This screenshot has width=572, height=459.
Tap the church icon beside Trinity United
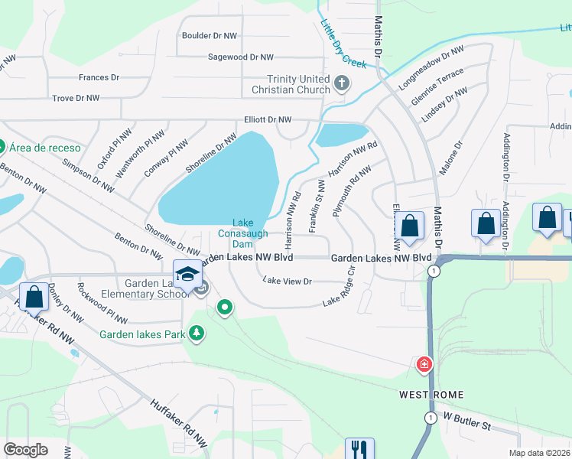click(342, 83)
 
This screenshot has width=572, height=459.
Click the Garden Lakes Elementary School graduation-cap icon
click(187, 273)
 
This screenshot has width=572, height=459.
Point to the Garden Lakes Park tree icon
click(197, 333)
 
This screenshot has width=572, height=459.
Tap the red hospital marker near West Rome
click(423, 365)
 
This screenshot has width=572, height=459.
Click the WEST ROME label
click(431, 395)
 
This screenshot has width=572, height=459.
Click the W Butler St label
click(466, 421)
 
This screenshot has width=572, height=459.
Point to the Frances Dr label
click(99, 77)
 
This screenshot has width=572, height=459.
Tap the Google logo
click(25, 450)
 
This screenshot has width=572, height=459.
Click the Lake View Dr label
click(288, 282)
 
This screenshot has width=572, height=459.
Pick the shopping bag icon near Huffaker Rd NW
click(34, 296)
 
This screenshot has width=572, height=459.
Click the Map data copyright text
click(540, 453)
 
